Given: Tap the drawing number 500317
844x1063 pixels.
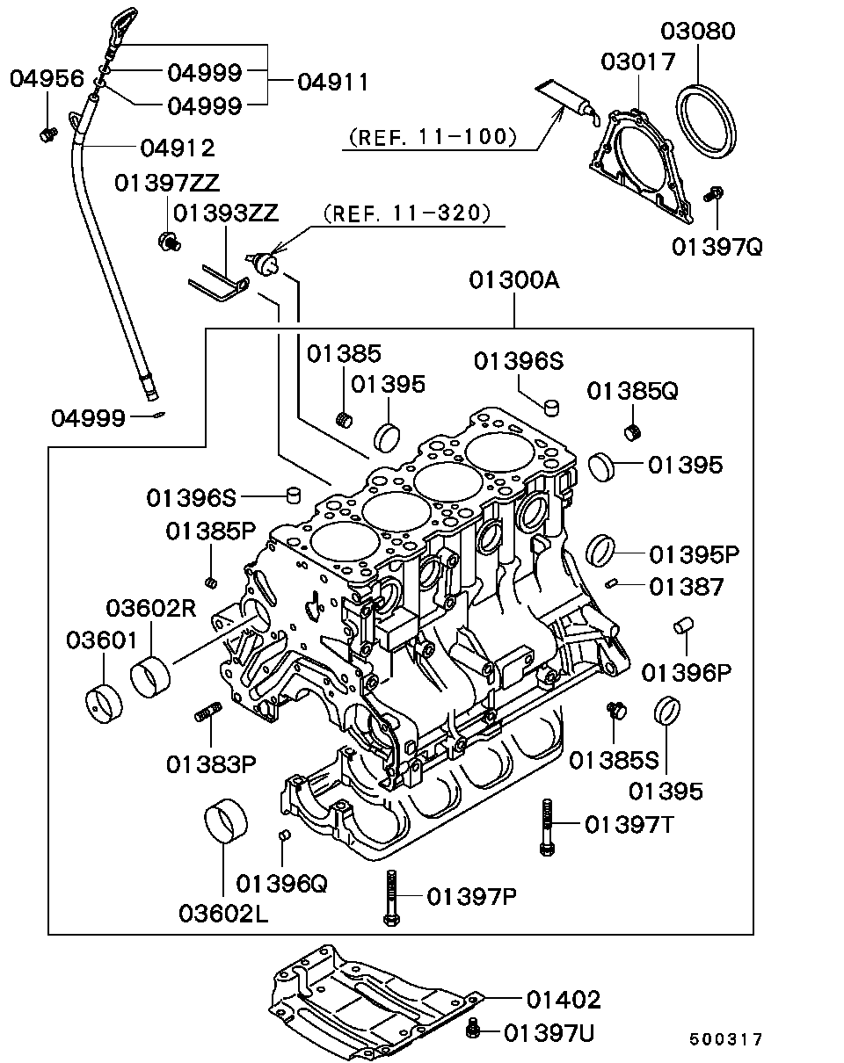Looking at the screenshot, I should [x=726, y=1039].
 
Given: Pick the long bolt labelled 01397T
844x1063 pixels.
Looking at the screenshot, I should [x=546, y=827].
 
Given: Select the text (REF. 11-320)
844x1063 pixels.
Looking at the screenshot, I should [x=405, y=213].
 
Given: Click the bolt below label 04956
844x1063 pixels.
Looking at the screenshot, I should [x=47, y=134].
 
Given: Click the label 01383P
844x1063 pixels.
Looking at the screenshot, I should [x=211, y=764].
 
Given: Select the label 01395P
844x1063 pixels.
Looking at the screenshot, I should [x=695, y=554].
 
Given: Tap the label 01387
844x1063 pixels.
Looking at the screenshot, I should [x=687, y=586].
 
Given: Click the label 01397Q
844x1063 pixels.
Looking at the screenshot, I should [x=717, y=246].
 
